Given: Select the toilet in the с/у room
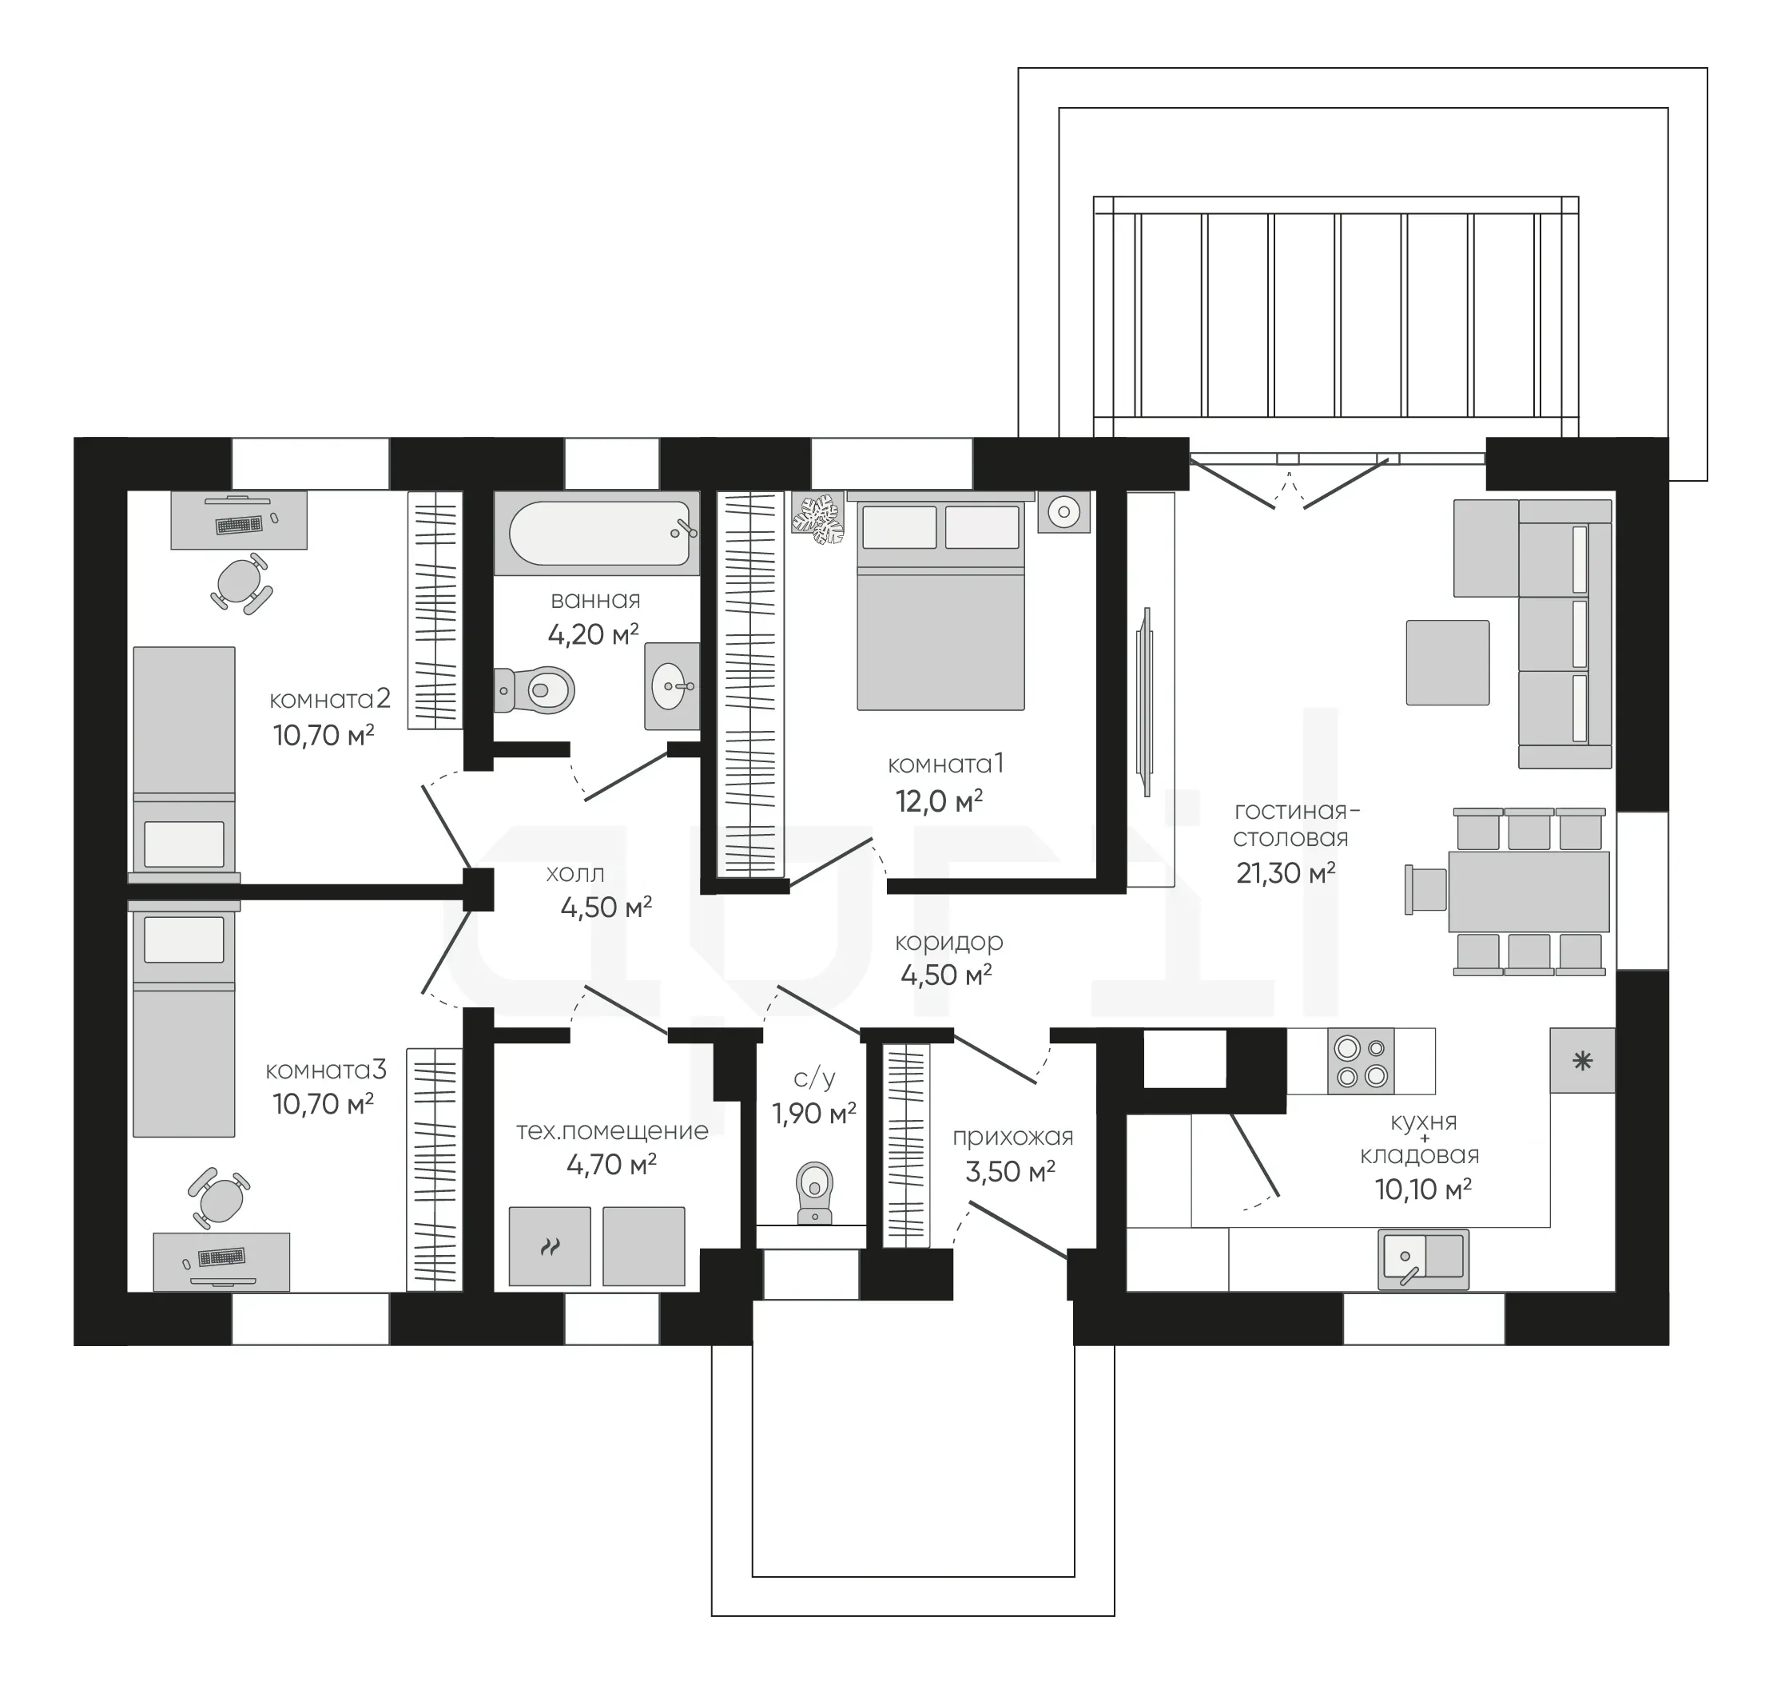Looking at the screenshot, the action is (814, 1193).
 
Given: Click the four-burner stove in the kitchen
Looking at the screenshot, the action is (1361, 1061).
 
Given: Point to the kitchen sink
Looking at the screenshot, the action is (1424, 1260).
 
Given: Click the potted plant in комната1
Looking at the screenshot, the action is (817, 518).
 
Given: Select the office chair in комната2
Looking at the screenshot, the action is (241, 582).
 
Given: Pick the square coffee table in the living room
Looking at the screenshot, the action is (1447, 662).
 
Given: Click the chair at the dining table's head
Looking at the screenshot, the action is (1425, 890).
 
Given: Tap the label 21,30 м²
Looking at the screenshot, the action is (1286, 872).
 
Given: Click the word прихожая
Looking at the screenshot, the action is (1012, 1138).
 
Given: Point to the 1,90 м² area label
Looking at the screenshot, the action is (814, 1114).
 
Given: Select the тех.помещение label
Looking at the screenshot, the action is (612, 1131).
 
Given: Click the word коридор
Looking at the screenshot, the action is (949, 943).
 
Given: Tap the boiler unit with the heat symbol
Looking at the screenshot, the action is (550, 1246).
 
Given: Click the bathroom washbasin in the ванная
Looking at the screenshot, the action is (671, 687).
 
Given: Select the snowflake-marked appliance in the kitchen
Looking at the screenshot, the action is (1582, 1061).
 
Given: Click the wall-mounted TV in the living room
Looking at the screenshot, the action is (1147, 702).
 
